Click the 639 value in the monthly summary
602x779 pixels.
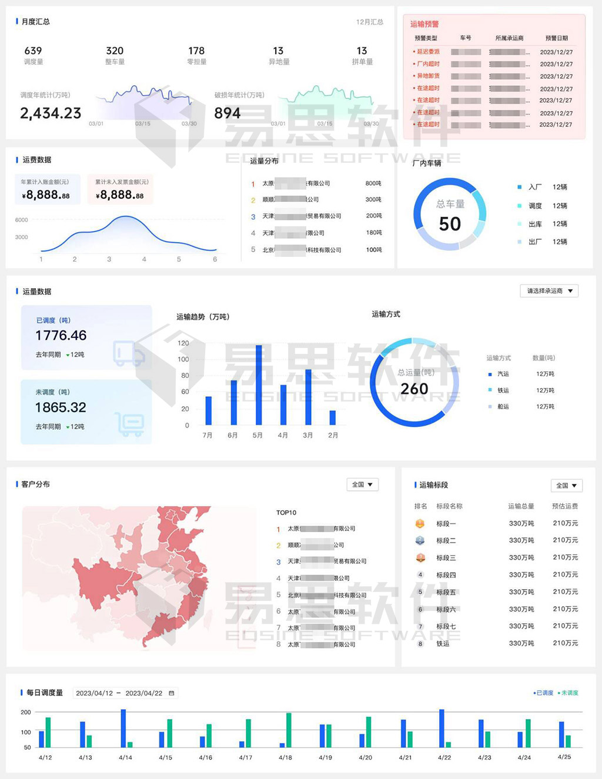tap(33, 51)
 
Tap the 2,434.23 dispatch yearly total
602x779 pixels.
tap(51, 113)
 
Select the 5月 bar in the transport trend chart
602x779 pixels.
tap(259, 385)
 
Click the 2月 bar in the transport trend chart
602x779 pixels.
tap(333, 417)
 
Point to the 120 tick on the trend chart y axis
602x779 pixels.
tap(183, 343)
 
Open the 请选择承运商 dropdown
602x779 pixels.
tap(549, 291)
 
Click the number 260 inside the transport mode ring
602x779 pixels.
tap(414, 389)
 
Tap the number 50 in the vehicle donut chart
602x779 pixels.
tap(450, 224)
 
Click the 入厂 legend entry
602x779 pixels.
tap(534, 188)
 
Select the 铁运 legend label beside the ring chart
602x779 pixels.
tap(503, 390)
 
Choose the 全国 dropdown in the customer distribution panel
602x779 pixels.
tap(362, 485)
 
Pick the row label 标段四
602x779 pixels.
tap(446, 575)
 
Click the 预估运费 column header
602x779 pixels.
tap(565, 506)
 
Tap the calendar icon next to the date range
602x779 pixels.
tap(172, 693)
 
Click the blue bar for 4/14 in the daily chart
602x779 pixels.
tap(123, 728)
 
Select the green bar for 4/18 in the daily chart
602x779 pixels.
tap(289, 730)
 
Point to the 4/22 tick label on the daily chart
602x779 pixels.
tap(444, 758)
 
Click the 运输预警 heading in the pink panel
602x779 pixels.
tap(424, 25)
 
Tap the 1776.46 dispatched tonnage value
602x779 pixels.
tap(61, 336)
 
